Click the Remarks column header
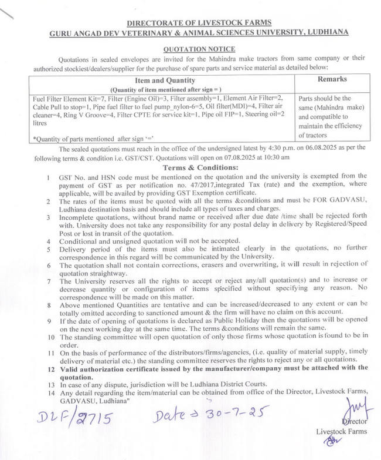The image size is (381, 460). [x=332, y=79]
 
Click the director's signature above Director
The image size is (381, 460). [x=350, y=407]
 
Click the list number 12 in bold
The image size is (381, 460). [x=50, y=368]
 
